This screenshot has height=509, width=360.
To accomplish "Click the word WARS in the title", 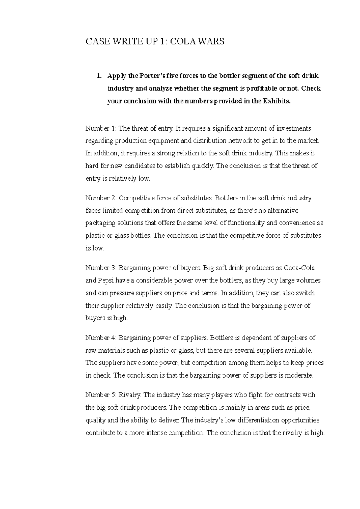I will (x=211, y=41).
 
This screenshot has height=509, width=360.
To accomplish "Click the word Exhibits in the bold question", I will (x=277, y=101).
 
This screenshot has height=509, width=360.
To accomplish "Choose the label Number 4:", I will (x=101, y=338).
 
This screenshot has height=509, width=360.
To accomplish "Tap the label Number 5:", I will (x=101, y=395).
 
